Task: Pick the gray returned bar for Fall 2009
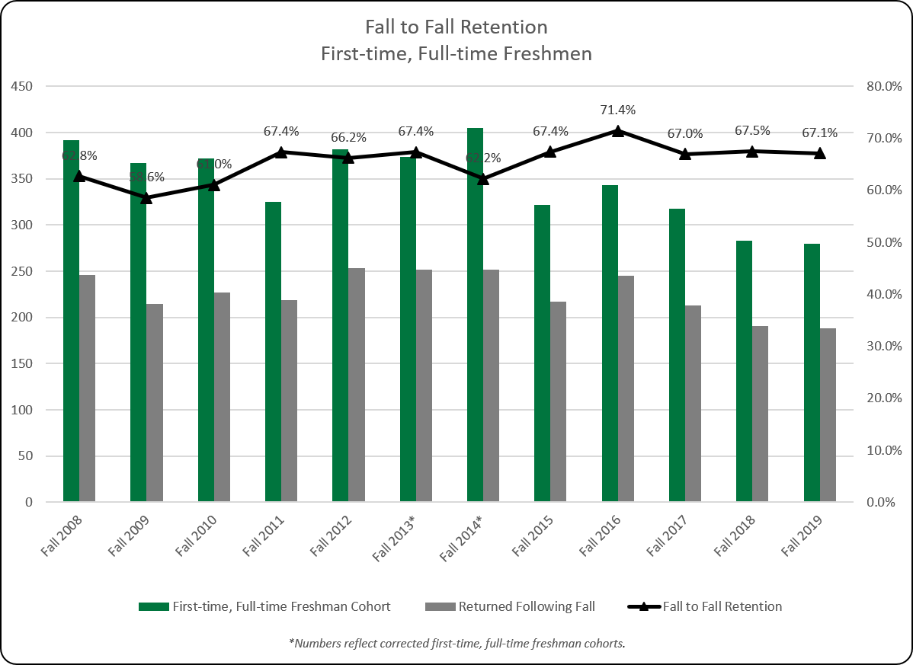pyautogui.click(x=155, y=403)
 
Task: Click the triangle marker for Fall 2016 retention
pyautogui.click(x=617, y=131)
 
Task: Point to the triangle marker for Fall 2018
pyautogui.click(x=752, y=151)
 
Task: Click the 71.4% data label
pyautogui.click(x=617, y=110)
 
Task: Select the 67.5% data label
pyautogui.click(x=752, y=130)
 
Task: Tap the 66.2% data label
pyautogui.click(x=348, y=138)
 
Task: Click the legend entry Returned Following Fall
pyautogui.click(x=526, y=606)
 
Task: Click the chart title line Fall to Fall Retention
pyautogui.click(x=456, y=27)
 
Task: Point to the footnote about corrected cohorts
pyautogui.click(x=456, y=644)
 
